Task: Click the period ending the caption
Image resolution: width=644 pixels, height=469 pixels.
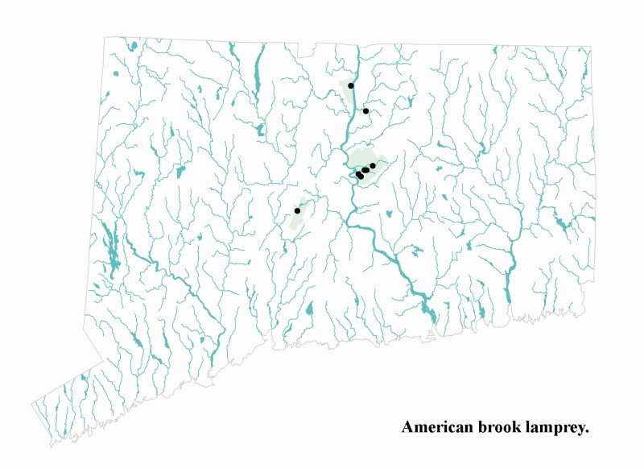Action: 588,432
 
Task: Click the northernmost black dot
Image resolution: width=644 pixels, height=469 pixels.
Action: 351,85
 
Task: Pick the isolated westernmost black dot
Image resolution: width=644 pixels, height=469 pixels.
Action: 297,210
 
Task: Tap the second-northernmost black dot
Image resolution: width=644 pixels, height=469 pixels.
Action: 365,111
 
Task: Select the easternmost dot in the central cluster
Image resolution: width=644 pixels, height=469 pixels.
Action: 373,165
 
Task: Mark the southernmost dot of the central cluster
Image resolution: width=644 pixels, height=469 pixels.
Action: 361,176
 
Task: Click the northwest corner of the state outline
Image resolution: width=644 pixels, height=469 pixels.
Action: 105,36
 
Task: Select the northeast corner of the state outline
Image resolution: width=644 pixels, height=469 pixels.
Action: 592,47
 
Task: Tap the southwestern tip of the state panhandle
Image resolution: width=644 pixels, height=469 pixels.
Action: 32,402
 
